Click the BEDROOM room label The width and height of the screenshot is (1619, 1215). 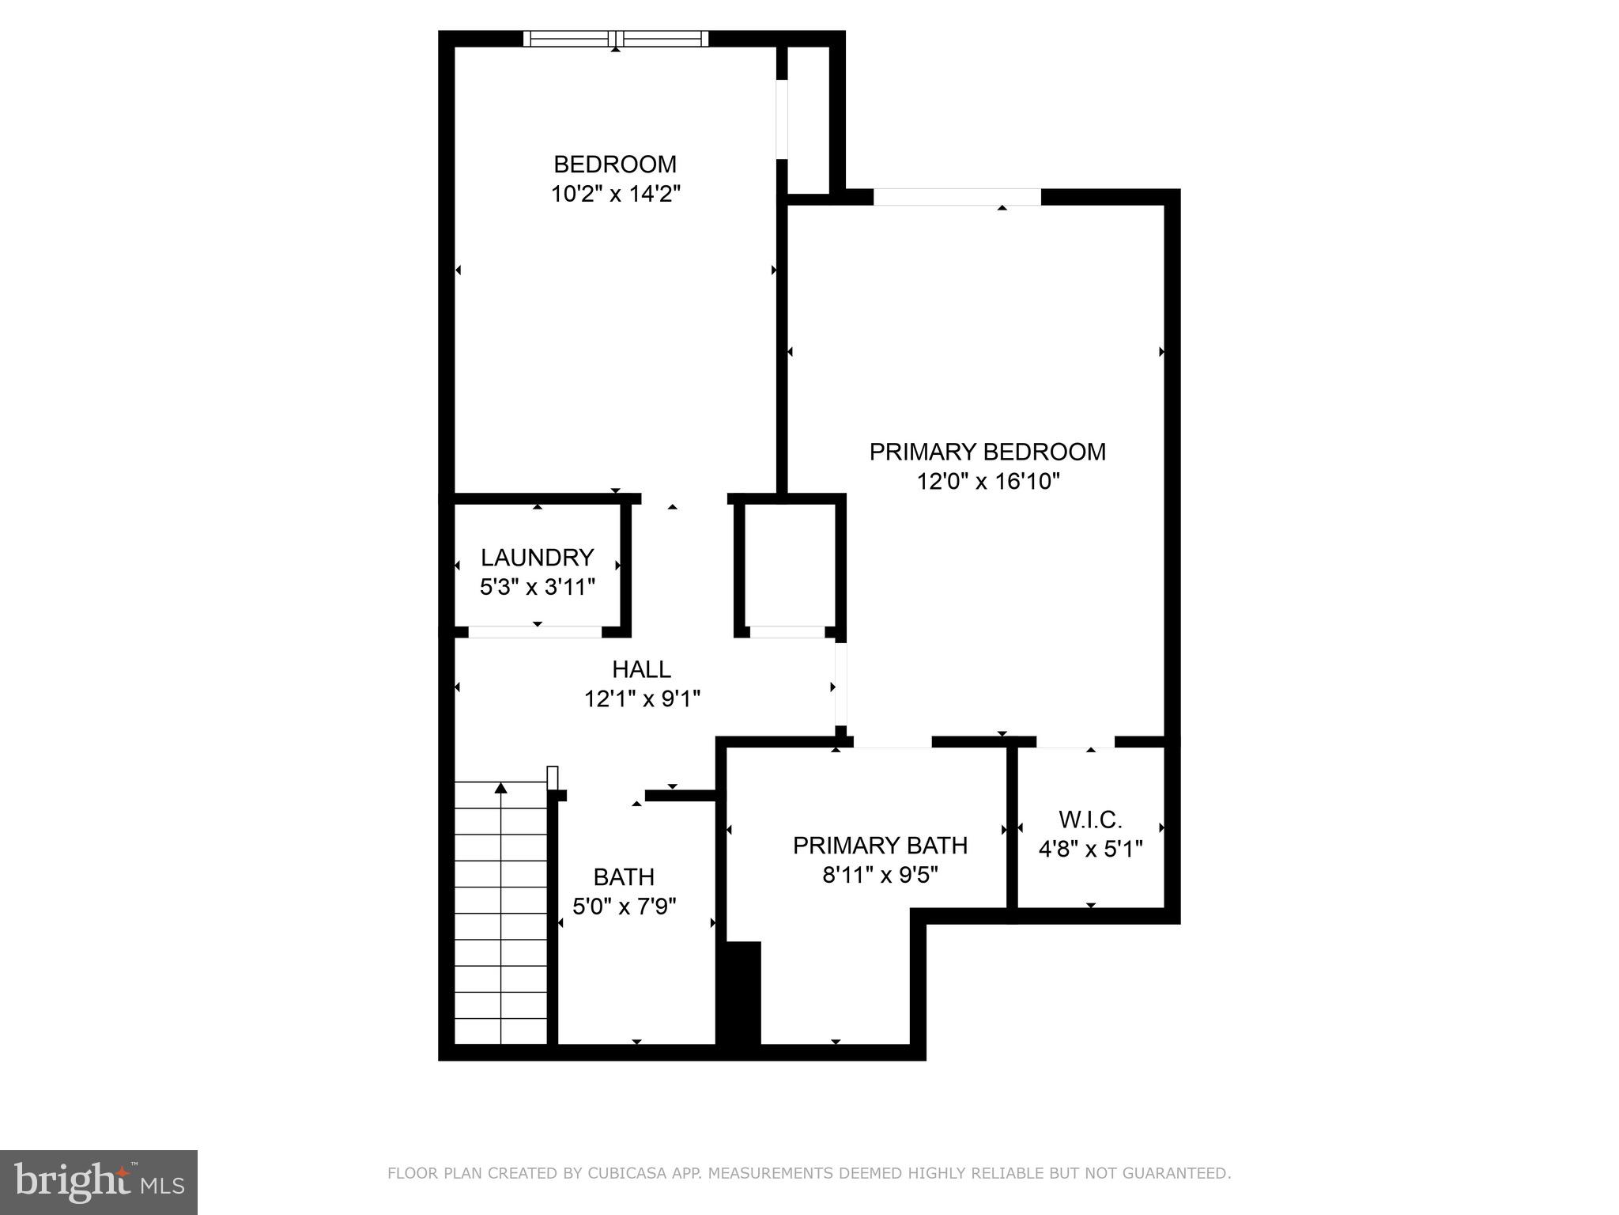pyautogui.click(x=615, y=165)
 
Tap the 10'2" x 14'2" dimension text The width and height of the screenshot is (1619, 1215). pyautogui.click(x=615, y=194)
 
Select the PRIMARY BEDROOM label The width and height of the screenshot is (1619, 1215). pyautogui.click(x=987, y=452)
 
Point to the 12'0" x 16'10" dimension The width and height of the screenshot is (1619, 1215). pyautogui.click(x=987, y=481)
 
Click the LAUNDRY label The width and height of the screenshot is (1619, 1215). pyautogui.click(x=537, y=558)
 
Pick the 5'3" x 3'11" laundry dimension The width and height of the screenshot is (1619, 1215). pyautogui.click(x=537, y=587)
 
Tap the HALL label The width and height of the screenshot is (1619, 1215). pyautogui.click(x=641, y=670)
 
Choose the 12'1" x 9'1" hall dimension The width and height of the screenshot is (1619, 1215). pyautogui.click(x=642, y=699)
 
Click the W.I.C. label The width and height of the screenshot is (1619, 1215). pyautogui.click(x=1090, y=819)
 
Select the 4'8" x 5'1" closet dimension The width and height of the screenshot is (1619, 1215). pyautogui.click(x=1090, y=850)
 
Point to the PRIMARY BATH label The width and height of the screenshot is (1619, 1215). pyautogui.click(x=880, y=846)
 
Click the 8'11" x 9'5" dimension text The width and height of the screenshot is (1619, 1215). pyautogui.click(x=880, y=876)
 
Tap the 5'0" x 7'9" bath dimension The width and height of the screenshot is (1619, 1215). pyautogui.click(x=624, y=907)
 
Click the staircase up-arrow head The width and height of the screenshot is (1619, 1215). pyautogui.click(x=500, y=788)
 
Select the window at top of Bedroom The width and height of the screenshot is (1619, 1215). pyautogui.click(x=616, y=39)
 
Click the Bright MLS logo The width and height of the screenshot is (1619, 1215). pyautogui.click(x=99, y=1182)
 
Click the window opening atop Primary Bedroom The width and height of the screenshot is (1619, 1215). pyautogui.click(x=957, y=197)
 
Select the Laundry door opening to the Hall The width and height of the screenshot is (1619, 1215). pyautogui.click(x=535, y=632)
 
